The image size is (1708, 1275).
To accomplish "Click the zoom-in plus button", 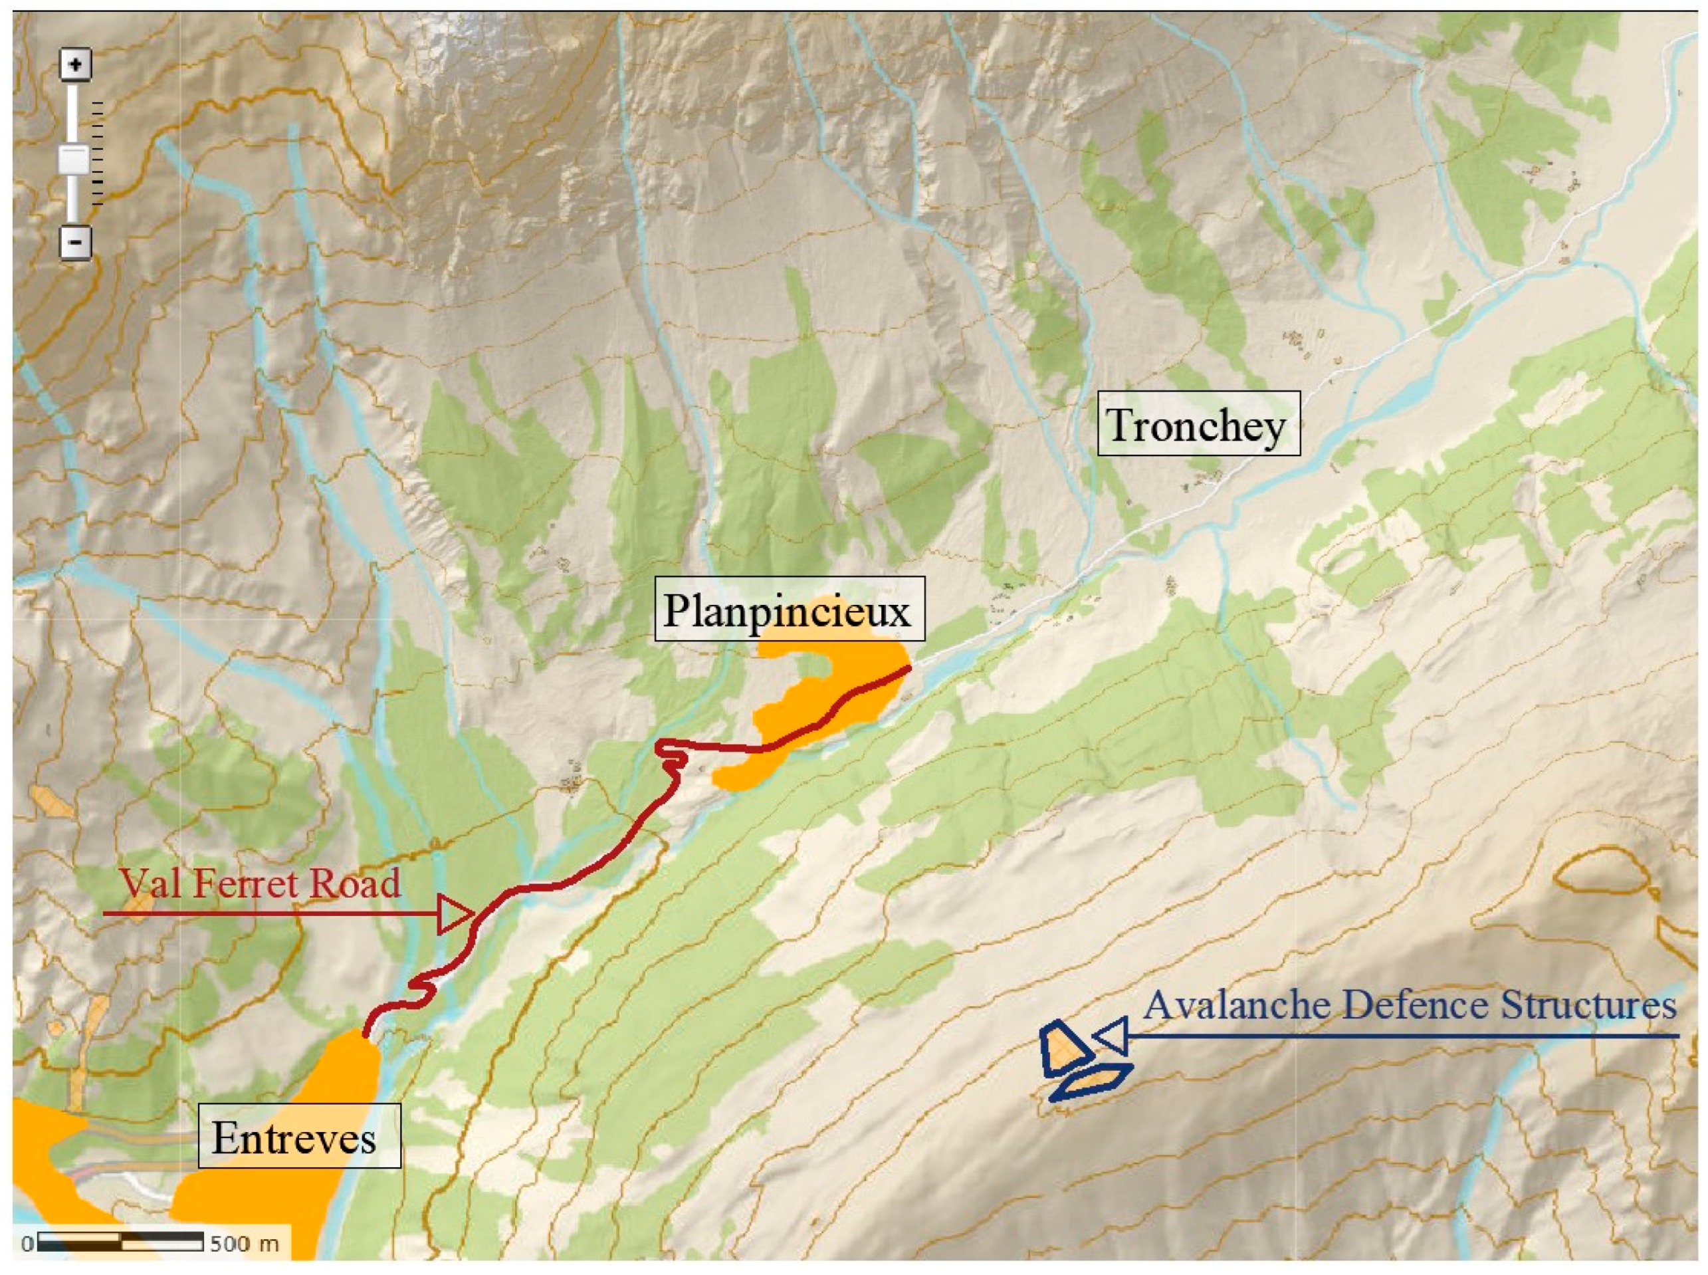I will [76, 65].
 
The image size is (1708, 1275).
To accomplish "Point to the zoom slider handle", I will [76, 160].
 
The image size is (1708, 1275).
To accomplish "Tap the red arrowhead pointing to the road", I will [456, 915].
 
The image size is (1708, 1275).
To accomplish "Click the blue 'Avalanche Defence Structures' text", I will [1410, 1006].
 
